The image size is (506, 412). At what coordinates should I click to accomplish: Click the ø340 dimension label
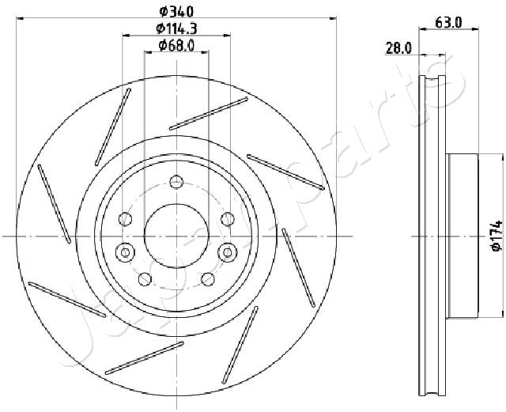click(176, 12)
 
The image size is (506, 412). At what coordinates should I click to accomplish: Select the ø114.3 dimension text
click(176, 28)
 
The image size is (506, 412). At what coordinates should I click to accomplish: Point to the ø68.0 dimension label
click(176, 46)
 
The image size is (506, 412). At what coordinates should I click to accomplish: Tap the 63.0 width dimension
click(448, 23)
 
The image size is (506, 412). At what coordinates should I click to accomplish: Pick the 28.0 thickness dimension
click(398, 49)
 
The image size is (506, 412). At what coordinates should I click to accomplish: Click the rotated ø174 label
click(497, 236)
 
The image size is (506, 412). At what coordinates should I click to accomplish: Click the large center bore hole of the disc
click(176, 236)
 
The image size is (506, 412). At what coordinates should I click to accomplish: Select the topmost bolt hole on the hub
click(176, 181)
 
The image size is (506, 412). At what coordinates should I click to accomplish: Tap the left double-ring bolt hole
click(125, 251)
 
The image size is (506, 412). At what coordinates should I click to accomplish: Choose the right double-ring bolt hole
click(228, 251)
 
